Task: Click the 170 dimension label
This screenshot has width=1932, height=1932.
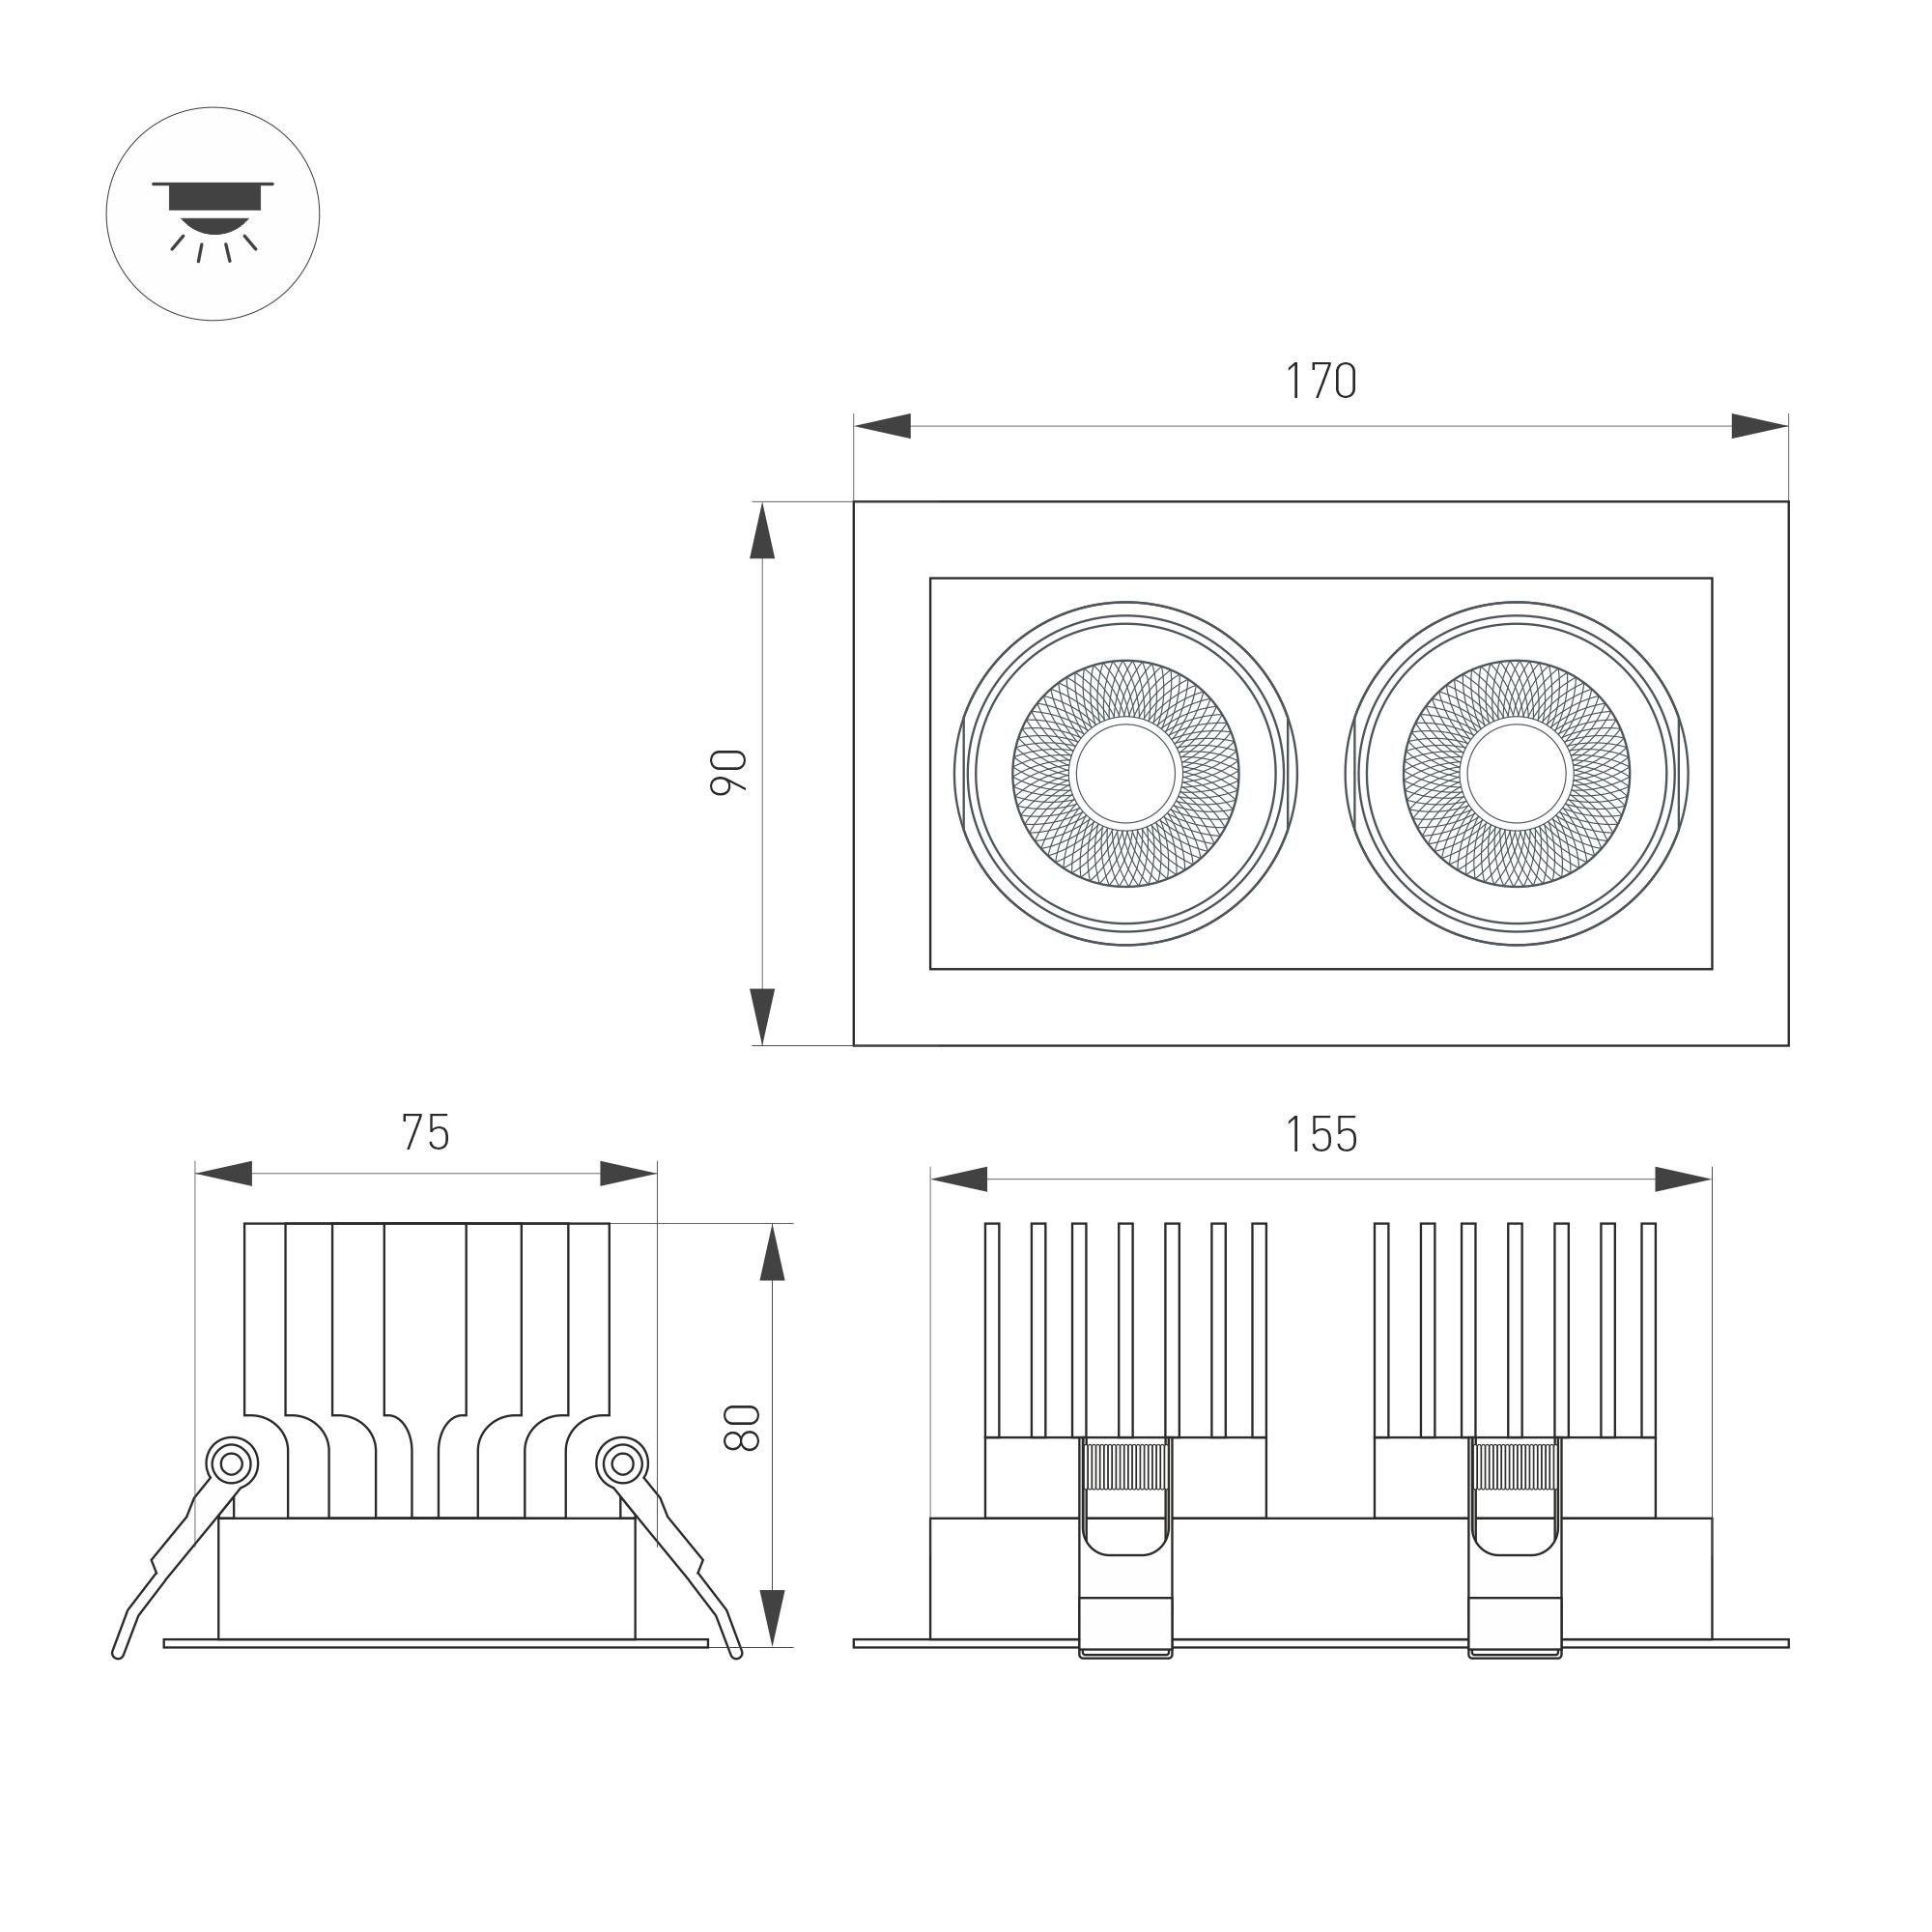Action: click(1320, 381)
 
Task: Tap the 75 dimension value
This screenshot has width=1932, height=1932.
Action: click(426, 1132)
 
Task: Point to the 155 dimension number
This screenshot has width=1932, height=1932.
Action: click(1320, 1135)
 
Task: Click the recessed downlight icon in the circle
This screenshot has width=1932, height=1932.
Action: click(213, 214)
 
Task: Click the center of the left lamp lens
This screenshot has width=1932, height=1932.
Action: click(1126, 773)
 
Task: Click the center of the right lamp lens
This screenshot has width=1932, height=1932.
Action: click(1517, 773)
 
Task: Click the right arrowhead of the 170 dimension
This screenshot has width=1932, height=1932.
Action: click(1760, 426)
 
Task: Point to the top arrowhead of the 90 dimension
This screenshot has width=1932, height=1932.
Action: click(763, 530)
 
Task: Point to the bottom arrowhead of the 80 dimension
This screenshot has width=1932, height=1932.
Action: click(772, 1618)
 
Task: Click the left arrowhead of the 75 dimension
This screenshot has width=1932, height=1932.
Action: click(223, 1174)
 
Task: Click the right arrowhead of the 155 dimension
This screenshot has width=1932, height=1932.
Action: click(1684, 1179)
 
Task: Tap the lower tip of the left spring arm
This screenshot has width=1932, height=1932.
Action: click(118, 1654)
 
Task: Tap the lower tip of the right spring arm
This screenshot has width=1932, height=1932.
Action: click(737, 1654)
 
